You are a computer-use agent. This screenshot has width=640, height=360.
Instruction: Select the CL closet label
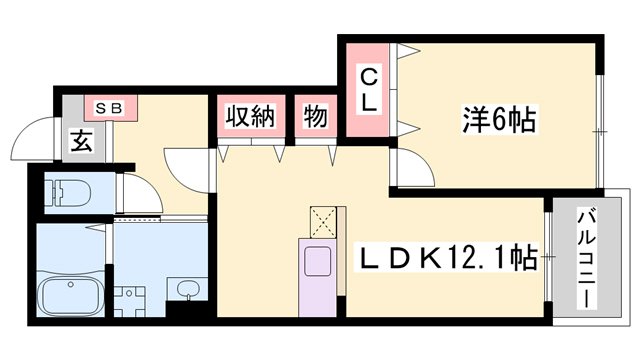coord(369,88)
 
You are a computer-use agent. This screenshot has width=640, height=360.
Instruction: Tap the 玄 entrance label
coord(79,142)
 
